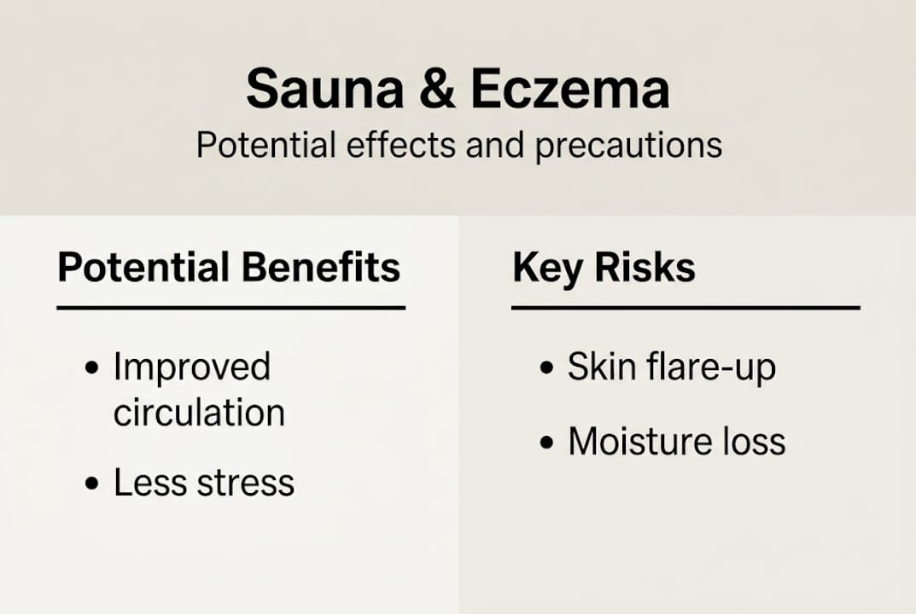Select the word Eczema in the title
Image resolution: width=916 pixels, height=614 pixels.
coord(569,90)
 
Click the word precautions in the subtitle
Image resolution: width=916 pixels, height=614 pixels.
coord(628,146)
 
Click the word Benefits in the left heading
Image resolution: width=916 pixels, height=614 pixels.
coord(321,267)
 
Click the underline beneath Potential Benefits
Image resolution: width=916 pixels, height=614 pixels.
coord(230,307)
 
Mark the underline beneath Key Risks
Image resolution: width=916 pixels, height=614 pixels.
coord(685,307)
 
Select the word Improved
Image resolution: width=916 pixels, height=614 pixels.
coord(192,368)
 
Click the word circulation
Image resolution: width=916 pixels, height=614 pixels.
coord(199,413)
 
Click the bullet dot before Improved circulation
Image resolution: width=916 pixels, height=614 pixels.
coord(92,369)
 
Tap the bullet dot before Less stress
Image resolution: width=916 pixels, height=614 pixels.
coord(92,484)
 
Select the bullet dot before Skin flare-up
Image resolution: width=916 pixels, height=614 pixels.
coord(546,369)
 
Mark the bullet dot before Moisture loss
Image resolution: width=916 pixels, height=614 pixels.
coord(546,443)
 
